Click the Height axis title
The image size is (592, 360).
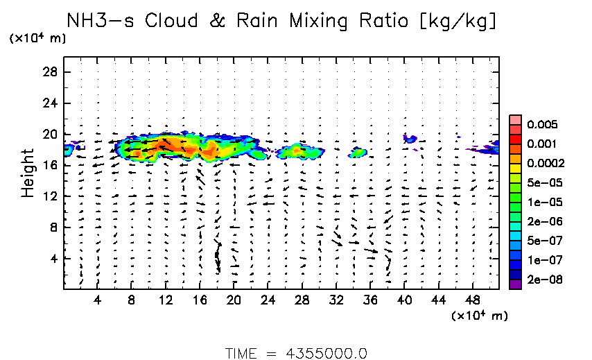coord(28,172)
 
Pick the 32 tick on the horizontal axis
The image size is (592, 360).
coord(336,300)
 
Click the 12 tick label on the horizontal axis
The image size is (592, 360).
coord(166,300)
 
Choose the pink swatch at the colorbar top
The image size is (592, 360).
coord(515,119)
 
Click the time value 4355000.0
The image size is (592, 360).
coord(326,352)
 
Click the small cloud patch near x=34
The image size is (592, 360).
coord(358,152)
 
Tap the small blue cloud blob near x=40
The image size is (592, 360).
coord(410,139)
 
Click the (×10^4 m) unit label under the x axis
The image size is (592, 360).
coord(479,316)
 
